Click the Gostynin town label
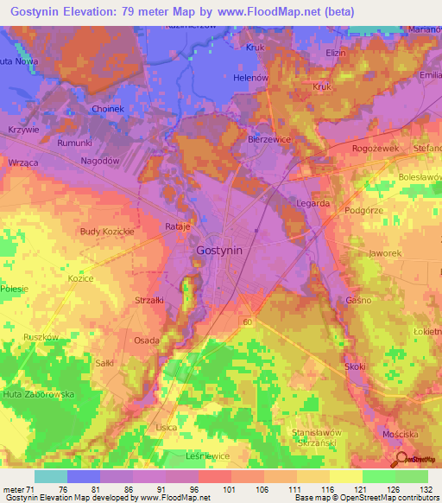pos(219,249)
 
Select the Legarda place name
pos(312,203)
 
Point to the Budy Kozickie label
pos(106,232)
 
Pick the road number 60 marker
pos(247,322)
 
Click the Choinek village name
pos(110,110)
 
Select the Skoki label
pos(355,366)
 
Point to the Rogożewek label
pos(375,149)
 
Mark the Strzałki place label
pos(150,301)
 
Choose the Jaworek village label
pos(385,253)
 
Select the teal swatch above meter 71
pos(50,476)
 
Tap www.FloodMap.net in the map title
pos(295,13)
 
